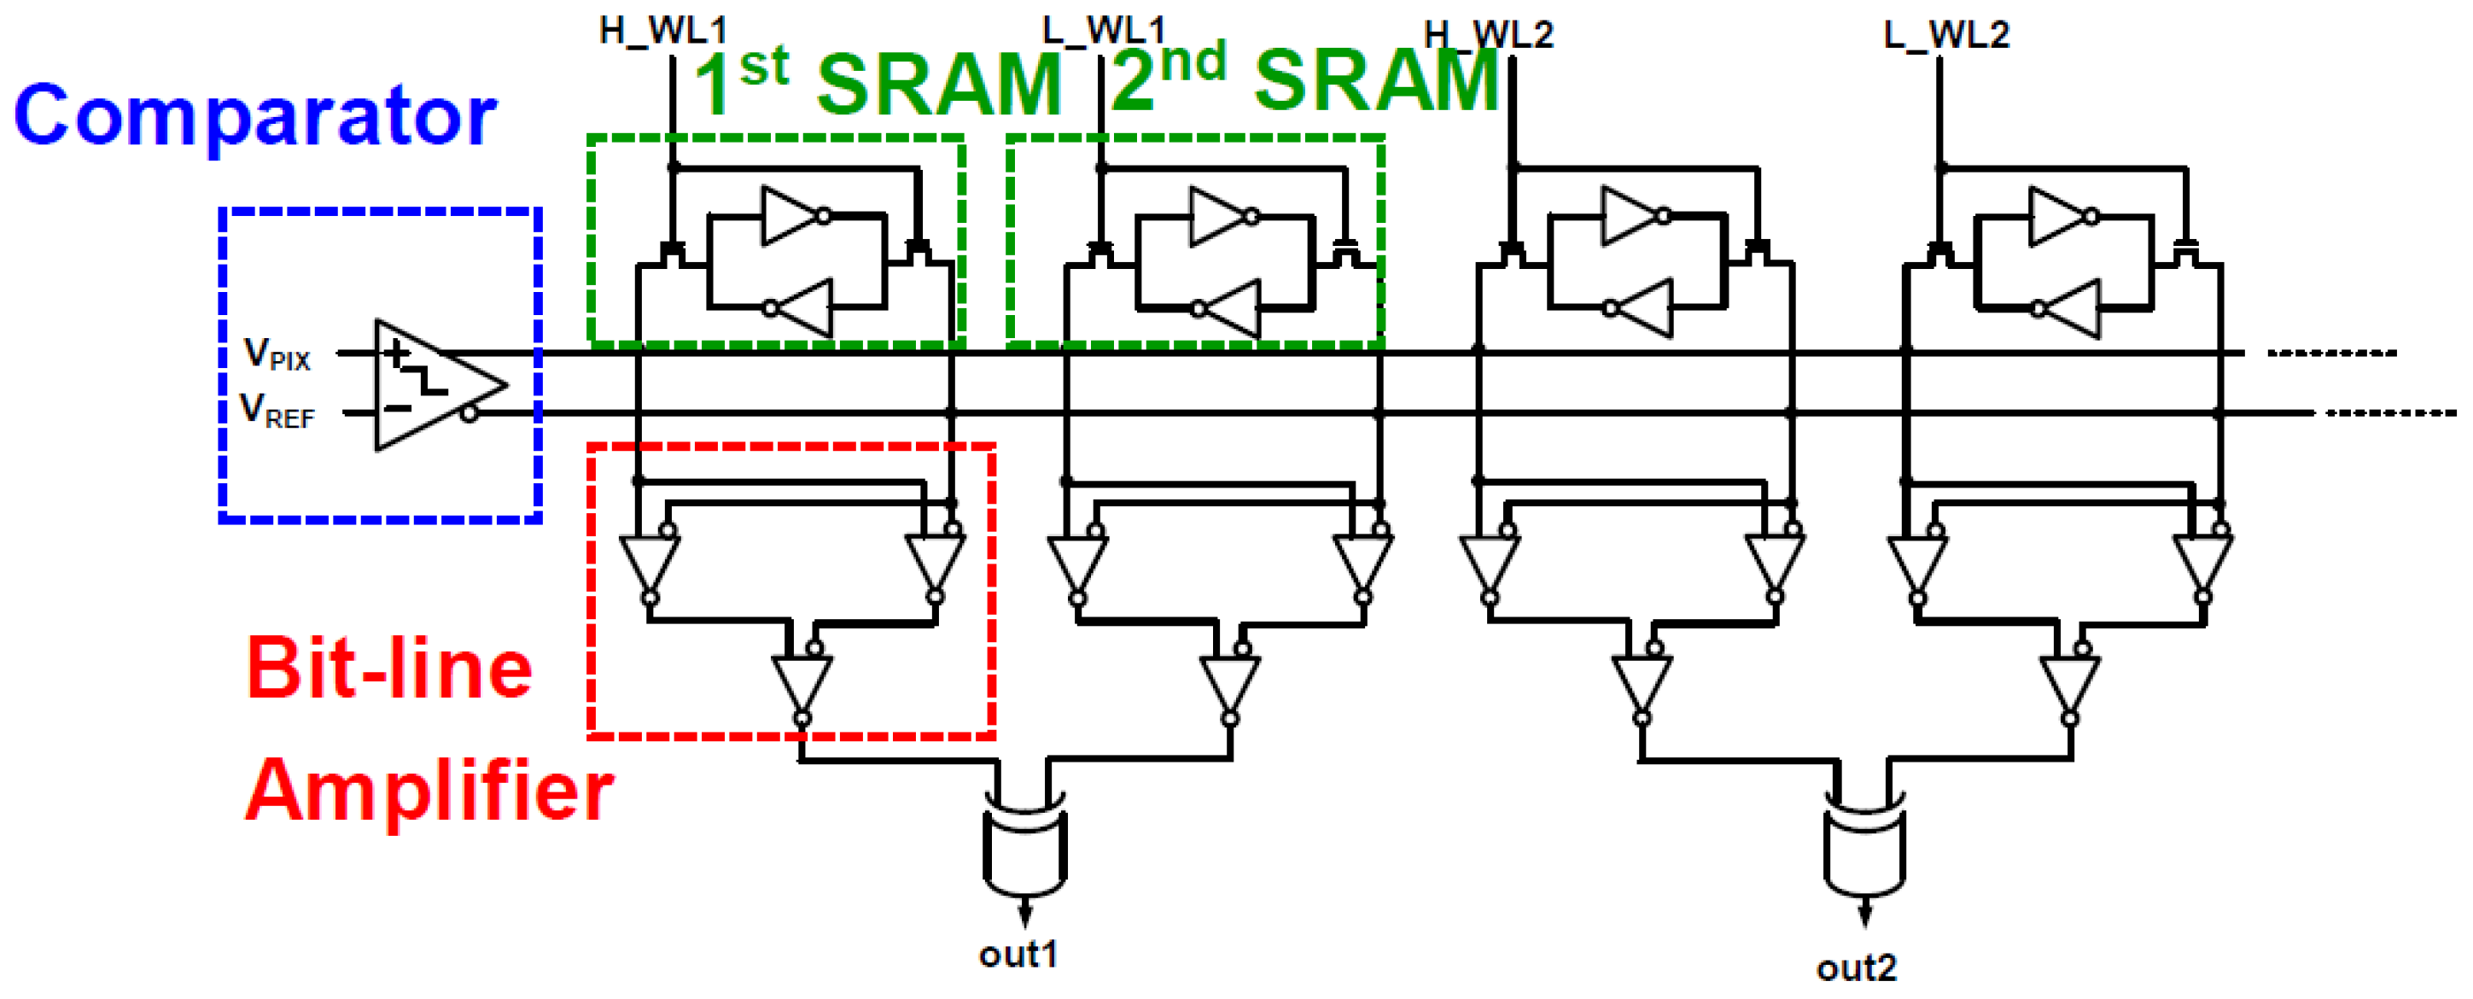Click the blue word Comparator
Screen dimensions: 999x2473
[x=254, y=115]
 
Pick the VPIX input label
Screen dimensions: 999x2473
[x=277, y=353]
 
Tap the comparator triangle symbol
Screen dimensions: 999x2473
[x=432, y=385]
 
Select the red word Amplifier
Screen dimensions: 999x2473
[x=429, y=790]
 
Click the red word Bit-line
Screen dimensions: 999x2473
[x=388, y=668]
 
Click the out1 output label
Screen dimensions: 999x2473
[x=1018, y=954]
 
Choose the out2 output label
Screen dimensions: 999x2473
[x=1856, y=967]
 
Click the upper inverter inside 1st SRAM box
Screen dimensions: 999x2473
[x=792, y=216]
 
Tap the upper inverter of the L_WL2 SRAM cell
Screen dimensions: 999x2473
[x=2059, y=216]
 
